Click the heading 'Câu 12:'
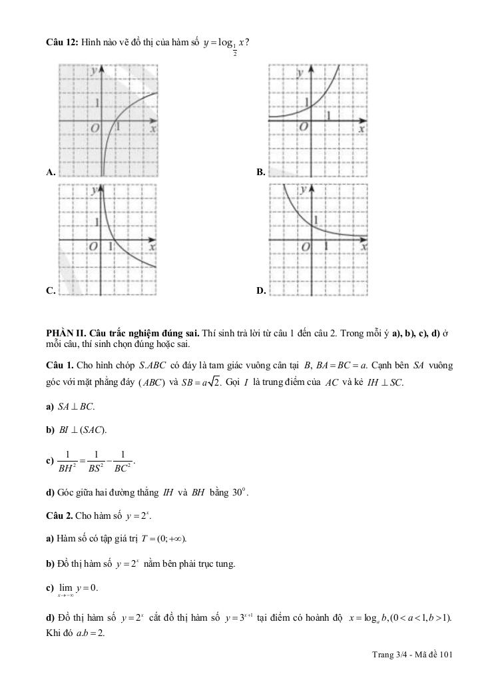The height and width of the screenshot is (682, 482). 62,43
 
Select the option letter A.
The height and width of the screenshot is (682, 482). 50,172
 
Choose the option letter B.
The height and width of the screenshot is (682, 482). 261,172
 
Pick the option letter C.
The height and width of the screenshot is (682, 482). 50,291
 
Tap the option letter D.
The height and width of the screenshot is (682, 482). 261,291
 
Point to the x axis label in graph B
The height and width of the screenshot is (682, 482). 361,130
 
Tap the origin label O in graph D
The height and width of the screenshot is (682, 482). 306,247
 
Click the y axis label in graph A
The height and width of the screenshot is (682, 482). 95,70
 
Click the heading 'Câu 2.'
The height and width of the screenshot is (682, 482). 59,515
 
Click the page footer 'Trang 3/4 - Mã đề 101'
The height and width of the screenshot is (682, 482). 412,655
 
